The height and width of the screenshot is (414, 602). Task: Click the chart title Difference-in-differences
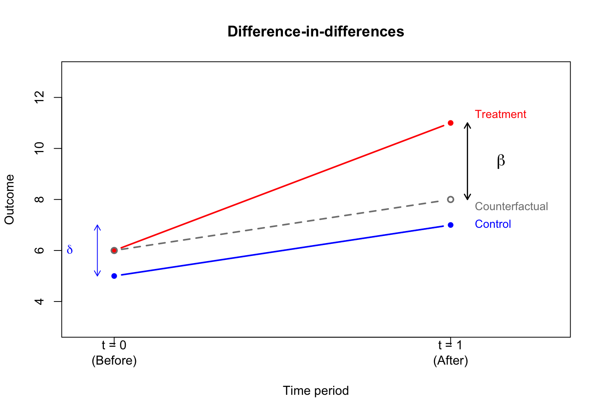click(316, 31)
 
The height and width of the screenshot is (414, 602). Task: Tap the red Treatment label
click(500, 114)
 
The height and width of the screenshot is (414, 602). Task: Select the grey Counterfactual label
click(511, 206)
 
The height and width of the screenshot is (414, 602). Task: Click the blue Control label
click(493, 224)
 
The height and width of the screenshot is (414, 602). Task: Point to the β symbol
click(500, 161)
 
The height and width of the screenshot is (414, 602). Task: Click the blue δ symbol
click(70, 250)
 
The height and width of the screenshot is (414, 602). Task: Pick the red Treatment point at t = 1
click(450, 123)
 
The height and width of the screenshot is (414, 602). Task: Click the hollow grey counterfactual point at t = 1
click(450, 199)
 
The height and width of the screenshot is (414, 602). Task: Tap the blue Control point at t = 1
click(450, 225)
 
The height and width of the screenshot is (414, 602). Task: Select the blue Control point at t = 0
click(114, 276)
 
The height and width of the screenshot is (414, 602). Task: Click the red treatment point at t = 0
click(114, 250)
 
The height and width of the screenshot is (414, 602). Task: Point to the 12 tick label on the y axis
click(39, 97)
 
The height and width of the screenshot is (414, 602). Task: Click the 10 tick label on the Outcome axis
click(39, 148)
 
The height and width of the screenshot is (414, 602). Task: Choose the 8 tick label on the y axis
click(39, 199)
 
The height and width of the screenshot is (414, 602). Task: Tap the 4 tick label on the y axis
click(39, 301)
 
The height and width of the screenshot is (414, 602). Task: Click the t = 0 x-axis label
click(114, 345)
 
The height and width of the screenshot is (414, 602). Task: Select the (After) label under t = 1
click(450, 360)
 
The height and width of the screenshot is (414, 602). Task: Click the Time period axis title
click(316, 390)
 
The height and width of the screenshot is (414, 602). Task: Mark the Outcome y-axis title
click(9, 199)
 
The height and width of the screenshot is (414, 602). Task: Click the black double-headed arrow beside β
click(467, 161)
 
